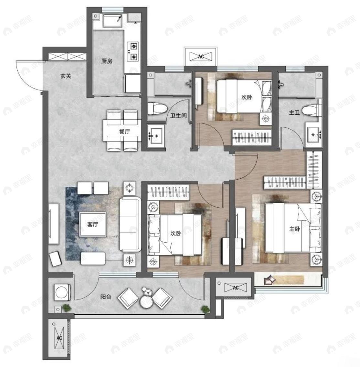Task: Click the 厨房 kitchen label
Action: pyautogui.click(x=107, y=61)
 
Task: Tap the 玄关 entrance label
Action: pyautogui.click(x=66, y=76)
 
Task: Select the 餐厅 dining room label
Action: pyautogui.click(x=124, y=131)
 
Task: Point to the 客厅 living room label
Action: pyautogui.click(x=92, y=225)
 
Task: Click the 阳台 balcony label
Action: pyautogui.click(x=106, y=297)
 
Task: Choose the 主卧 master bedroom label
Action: pyautogui.click(x=294, y=229)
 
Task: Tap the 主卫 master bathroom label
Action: pyautogui.click(x=294, y=112)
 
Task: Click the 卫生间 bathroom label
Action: pyautogui.click(x=178, y=115)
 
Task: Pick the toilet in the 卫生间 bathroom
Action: pyautogui.click(x=157, y=109)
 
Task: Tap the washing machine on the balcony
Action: pyautogui.click(x=62, y=292)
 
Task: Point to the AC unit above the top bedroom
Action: pyautogui.click(x=201, y=57)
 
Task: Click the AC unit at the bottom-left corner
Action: pyautogui.click(x=59, y=338)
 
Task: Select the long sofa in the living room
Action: pyautogui.click(x=130, y=224)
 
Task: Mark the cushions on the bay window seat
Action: pyautogui.click(x=269, y=280)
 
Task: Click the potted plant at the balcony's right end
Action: pyautogui.click(x=206, y=309)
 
